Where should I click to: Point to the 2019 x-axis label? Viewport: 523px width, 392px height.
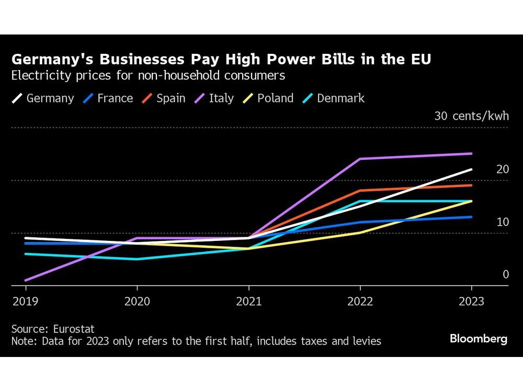[26, 302]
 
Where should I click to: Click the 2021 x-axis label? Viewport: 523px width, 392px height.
[248, 302]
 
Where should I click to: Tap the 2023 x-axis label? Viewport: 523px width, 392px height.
[471, 302]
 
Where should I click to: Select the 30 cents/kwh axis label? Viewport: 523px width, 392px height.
[471, 116]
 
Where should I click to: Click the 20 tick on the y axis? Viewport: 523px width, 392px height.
[502, 169]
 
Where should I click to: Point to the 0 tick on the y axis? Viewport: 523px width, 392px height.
[505, 274]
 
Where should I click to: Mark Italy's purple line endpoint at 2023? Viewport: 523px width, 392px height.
[471, 154]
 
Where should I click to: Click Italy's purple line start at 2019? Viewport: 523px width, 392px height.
[26, 280]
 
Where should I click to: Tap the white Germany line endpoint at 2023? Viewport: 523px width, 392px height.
[471, 169]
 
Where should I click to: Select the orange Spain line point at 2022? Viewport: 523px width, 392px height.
[360, 190]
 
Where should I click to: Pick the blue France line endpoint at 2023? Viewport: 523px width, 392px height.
[471, 217]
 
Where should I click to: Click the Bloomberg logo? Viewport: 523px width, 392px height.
[478, 339]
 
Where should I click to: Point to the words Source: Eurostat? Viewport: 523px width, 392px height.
[53, 329]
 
